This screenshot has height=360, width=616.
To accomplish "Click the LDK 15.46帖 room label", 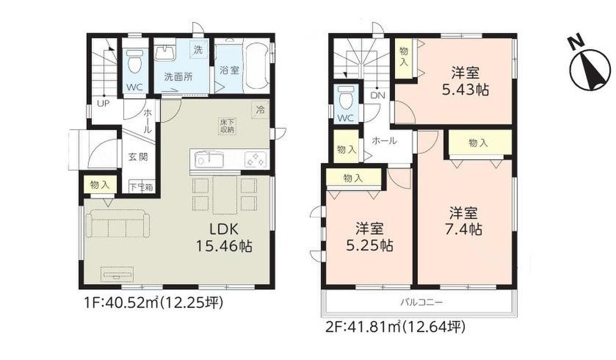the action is point(224,238).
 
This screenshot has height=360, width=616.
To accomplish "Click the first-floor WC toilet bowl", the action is point(134,61).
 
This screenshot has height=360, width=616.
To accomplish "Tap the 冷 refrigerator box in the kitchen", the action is point(260,110).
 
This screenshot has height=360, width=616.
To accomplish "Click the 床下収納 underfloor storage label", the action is point(227,126).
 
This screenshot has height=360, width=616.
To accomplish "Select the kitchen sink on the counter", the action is point(209,160).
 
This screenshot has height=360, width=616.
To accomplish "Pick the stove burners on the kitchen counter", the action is point(256,160).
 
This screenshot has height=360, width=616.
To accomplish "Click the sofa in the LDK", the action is point(118,223).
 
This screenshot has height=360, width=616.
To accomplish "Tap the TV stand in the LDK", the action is point(118,274).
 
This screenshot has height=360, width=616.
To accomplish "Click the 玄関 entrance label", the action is point(138,157).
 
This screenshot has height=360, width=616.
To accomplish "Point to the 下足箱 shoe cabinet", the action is point(141,187).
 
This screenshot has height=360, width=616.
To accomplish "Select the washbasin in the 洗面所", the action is point(165,53).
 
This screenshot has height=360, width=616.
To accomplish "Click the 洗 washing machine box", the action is point(199,50).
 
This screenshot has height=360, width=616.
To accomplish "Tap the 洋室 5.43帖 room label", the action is point(465,81).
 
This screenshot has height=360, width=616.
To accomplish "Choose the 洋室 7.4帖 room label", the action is point(464,221).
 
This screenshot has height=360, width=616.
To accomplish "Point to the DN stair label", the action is point(378,96).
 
